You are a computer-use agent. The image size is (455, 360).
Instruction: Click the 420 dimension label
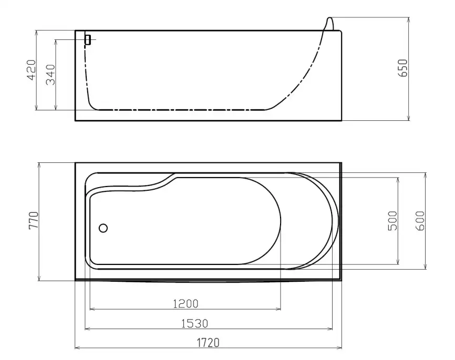coord(32,70)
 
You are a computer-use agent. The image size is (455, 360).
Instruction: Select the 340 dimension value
coord(50,75)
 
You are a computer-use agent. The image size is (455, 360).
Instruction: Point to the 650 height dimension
coord(403,68)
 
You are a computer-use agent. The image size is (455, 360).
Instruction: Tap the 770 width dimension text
coord(34,221)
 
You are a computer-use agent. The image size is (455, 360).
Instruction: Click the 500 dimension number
coord(392,221)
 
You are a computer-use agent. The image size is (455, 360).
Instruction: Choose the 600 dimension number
coord(420,221)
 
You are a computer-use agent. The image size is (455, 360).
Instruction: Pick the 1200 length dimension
coord(185,304)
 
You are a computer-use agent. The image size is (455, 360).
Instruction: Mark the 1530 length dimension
coord(195,323)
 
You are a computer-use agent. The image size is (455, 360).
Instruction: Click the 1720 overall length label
coord(208,343)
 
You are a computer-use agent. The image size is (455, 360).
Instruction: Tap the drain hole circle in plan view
coord(103,228)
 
